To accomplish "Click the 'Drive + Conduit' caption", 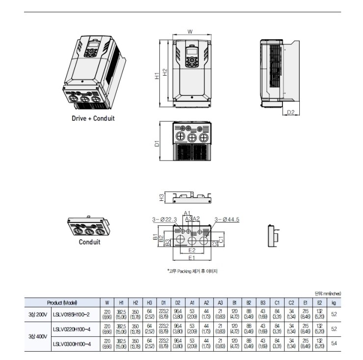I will [x=93, y=118].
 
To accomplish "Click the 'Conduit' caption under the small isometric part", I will [x=89, y=242].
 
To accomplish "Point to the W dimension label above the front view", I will [x=190, y=32].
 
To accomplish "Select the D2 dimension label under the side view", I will [x=290, y=112].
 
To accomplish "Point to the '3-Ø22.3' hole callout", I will [x=165, y=219].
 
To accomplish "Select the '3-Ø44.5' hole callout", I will [x=227, y=219].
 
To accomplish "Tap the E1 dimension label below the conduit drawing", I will [x=192, y=257].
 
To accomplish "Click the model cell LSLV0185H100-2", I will [x=72, y=314].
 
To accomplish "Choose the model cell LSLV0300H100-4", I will [x=72, y=344].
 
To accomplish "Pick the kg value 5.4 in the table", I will [x=334, y=344].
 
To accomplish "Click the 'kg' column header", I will [x=334, y=303].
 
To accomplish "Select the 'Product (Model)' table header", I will [x=62, y=303].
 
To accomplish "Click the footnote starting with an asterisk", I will [x=192, y=271].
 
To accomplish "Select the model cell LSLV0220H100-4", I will [x=72, y=329].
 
